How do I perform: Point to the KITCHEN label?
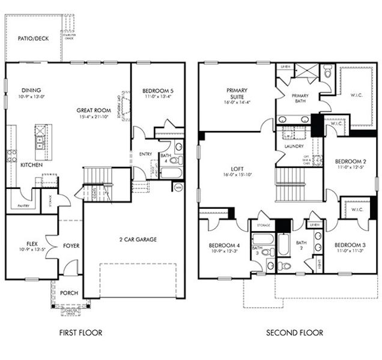(31, 164)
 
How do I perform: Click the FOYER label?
(71, 245)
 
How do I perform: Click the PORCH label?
(68, 293)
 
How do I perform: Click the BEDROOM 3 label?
(350, 245)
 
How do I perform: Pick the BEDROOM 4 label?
(224, 245)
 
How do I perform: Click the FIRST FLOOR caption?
(80, 332)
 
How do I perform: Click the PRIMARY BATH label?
(300, 99)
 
